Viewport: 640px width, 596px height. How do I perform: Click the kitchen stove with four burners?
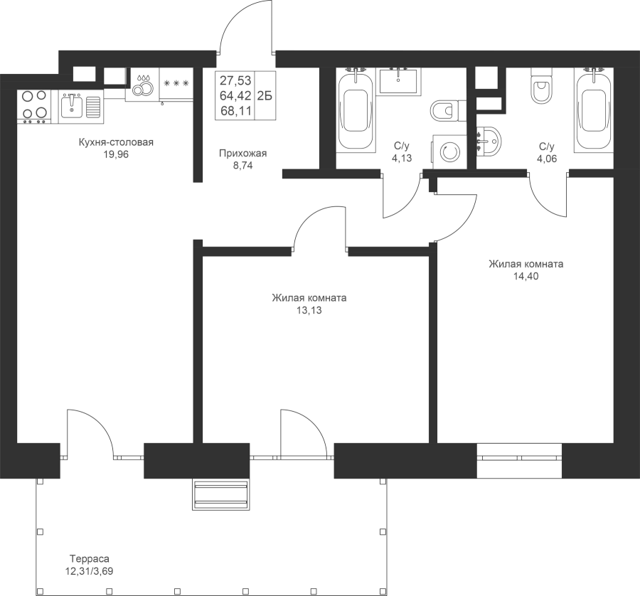(34, 107)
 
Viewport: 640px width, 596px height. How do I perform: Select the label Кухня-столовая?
(116, 142)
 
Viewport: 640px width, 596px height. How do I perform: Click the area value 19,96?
(116, 154)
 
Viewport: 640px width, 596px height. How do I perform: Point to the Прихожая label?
(243, 154)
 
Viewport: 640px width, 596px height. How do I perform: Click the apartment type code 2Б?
(265, 95)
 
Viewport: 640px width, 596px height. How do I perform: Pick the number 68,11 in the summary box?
(235, 110)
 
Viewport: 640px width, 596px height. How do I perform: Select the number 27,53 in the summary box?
(235, 80)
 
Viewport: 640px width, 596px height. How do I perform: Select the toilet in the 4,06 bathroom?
(541, 86)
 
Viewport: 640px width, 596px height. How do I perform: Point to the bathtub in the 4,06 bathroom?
(594, 110)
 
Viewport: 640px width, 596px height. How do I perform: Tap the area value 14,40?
(526, 276)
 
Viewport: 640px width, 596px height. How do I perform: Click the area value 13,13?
(309, 310)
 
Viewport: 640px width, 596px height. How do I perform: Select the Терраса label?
(90, 558)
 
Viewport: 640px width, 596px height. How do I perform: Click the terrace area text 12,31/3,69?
(90, 570)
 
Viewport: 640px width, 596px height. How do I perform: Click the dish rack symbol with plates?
(143, 85)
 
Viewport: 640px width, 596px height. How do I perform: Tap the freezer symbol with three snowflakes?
(176, 83)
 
